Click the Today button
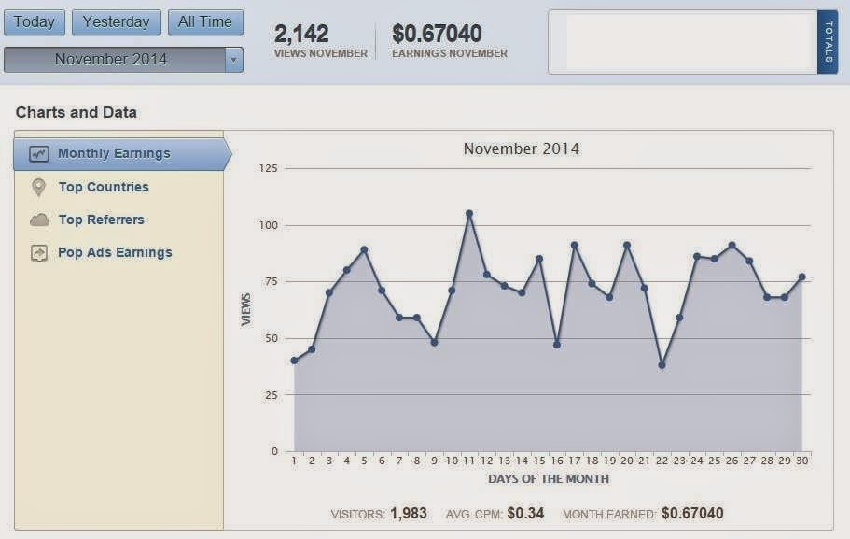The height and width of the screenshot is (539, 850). point(35,22)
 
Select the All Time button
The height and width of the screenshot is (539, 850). point(205,22)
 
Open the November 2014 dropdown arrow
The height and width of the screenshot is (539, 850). point(233,60)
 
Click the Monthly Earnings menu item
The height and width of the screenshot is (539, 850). point(114,154)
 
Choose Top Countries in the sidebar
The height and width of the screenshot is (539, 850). point(103,187)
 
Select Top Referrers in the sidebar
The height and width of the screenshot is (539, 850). point(101,220)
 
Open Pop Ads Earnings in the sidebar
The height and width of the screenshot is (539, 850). point(115,252)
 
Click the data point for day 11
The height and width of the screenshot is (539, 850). point(469,213)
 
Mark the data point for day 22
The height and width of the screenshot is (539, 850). point(662,365)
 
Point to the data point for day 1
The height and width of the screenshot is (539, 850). point(294,361)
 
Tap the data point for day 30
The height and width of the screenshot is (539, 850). point(801,277)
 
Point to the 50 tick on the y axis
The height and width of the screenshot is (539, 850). point(271,338)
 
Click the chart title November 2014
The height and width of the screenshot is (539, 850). point(521,149)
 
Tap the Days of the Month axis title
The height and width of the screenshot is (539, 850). point(548,479)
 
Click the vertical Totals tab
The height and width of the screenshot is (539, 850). point(828,42)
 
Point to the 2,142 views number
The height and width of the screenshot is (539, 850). point(301,35)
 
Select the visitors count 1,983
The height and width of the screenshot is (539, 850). point(410,514)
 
